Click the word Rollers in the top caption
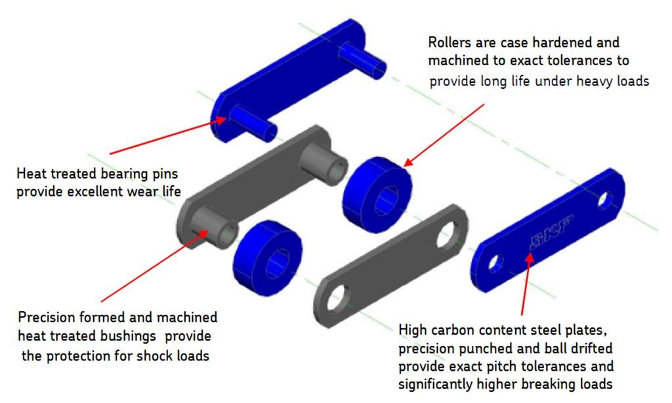click(x=450, y=43)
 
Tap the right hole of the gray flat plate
click(x=451, y=230)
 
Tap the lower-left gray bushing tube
click(x=216, y=227)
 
